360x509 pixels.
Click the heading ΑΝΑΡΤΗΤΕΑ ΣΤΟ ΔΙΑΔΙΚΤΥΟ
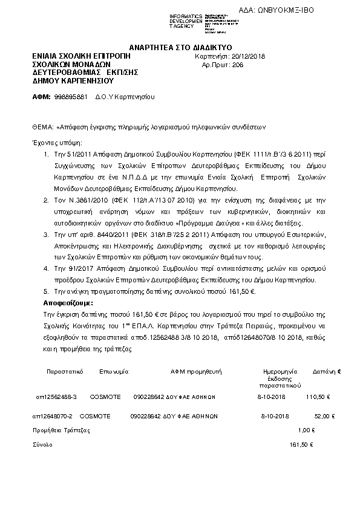point(180,48)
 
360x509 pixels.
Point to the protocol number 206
point(237,65)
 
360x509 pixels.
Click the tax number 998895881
point(71,97)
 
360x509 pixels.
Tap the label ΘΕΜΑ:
point(42,128)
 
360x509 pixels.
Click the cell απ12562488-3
point(57,397)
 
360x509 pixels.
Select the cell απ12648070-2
point(54,416)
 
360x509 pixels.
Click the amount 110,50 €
point(318,397)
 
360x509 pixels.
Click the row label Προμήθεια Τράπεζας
point(61,430)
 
